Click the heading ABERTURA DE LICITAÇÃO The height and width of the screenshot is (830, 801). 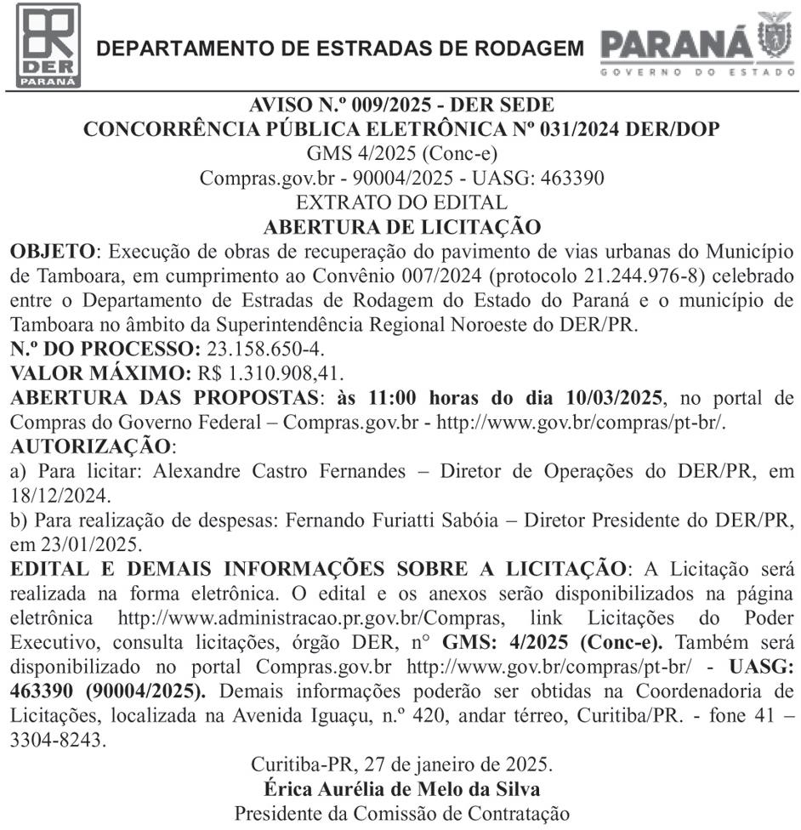point(401,227)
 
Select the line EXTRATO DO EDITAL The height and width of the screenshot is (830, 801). point(401,203)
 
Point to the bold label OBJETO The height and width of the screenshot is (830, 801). point(53,253)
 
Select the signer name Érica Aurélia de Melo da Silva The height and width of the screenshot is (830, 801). point(401,788)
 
